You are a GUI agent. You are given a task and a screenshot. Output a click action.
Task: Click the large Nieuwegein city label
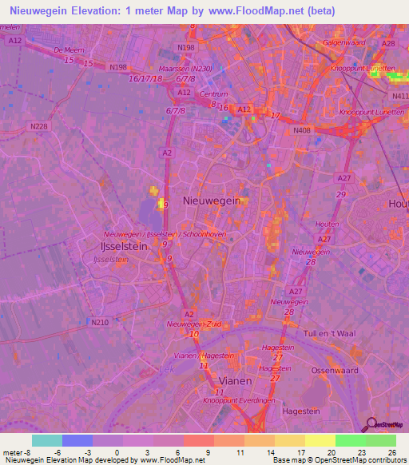pyautogui.click(x=212, y=202)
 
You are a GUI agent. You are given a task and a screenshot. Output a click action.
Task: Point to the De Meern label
pyautogui.click(x=68, y=50)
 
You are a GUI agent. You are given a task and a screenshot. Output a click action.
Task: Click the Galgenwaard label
pyautogui.click(x=344, y=41)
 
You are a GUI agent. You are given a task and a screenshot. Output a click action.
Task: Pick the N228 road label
pyautogui.click(x=38, y=125)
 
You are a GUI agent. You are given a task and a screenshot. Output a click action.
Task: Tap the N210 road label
pyautogui.click(x=99, y=322)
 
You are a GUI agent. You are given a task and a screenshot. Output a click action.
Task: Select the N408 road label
pyautogui.click(x=302, y=130)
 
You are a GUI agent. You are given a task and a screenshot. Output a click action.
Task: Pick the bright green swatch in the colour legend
pyautogui.click(x=350, y=440)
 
